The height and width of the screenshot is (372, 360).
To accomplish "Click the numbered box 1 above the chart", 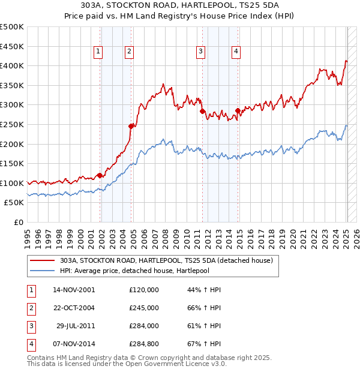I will click(x=98, y=52).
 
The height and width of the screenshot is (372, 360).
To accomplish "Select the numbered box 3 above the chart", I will click(x=200, y=52).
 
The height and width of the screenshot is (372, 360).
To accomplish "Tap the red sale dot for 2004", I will click(x=131, y=126).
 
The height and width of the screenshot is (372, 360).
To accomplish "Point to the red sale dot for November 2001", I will click(x=100, y=175).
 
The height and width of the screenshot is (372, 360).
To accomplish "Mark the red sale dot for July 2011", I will click(x=202, y=111).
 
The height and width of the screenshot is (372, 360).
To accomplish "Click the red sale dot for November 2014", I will click(x=238, y=110).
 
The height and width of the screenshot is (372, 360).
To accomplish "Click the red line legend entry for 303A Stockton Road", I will click(x=166, y=260).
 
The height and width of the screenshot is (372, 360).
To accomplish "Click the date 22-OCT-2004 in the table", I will click(x=74, y=308).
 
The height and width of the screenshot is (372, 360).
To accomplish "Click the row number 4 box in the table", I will click(x=30, y=344).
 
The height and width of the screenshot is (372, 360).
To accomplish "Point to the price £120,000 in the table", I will click(x=144, y=290).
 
